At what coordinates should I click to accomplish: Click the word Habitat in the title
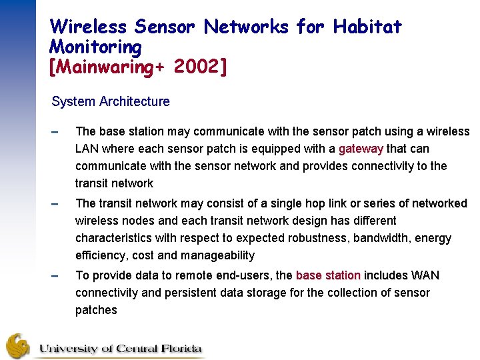[x=368, y=27]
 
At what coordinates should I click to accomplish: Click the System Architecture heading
[x=111, y=101]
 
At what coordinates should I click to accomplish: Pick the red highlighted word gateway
[x=361, y=149]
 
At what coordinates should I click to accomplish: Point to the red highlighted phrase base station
[x=328, y=275]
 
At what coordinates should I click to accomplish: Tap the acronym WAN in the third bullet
[x=425, y=275]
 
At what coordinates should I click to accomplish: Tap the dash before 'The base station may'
[x=55, y=132]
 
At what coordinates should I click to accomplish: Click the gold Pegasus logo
[x=18, y=346]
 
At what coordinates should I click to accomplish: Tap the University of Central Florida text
[x=120, y=348]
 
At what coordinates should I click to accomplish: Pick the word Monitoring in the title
[x=96, y=47]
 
